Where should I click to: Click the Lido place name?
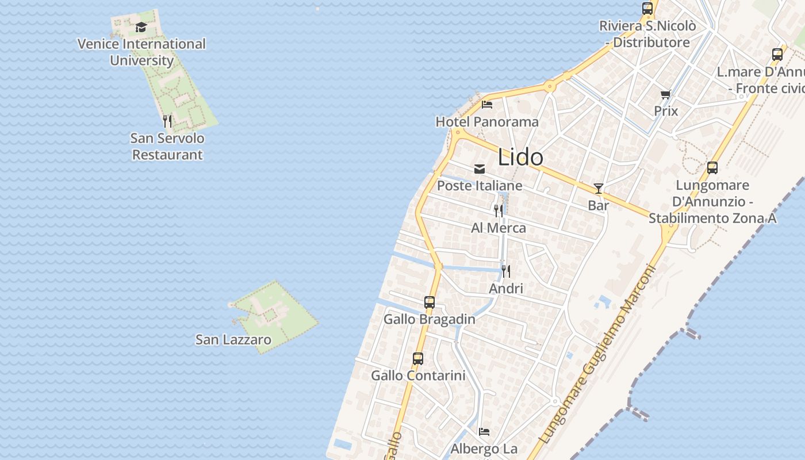click(520, 157)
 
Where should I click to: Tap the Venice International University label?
click(141, 52)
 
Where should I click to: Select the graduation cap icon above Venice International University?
click(141, 27)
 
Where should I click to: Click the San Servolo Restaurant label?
click(167, 146)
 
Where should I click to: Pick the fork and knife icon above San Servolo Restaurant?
click(167, 121)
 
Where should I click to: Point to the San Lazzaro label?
click(233, 339)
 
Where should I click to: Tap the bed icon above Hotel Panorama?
click(487, 105)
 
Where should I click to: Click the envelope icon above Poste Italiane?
click(480, 168)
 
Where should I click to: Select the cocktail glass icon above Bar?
click(599, 188)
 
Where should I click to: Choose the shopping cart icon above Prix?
click(666, 94)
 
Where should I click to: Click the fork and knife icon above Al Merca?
click(499, 210)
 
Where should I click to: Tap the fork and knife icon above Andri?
click(506, 271)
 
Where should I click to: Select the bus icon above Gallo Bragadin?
click(430, 302)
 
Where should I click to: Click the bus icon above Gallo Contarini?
click(418, 358)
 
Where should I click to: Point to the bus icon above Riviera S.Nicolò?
click(647, 9)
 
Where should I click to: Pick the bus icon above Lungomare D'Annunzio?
click(712, 168)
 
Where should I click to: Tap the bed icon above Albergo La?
click(484, 431)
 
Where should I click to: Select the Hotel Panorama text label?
click(487, 122)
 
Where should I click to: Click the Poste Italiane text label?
click(480, 186)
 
